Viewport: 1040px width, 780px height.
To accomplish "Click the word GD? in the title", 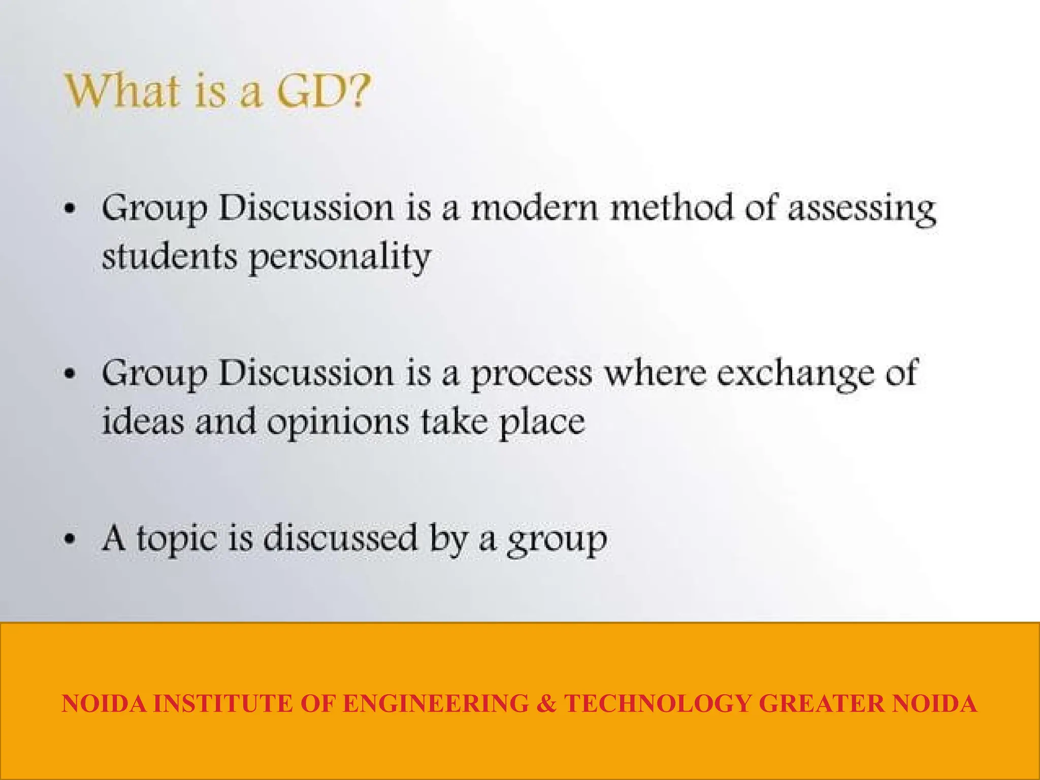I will click(322, 91).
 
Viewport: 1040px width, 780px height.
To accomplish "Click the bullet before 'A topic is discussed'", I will click(70, 539).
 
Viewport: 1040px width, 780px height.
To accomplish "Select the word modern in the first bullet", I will click(535, 208).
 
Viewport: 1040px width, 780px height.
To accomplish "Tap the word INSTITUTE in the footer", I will click(223, 704).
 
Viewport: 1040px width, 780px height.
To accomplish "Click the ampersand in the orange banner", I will click(546, 704).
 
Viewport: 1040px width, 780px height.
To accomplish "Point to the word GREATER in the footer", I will click(822, 704).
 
